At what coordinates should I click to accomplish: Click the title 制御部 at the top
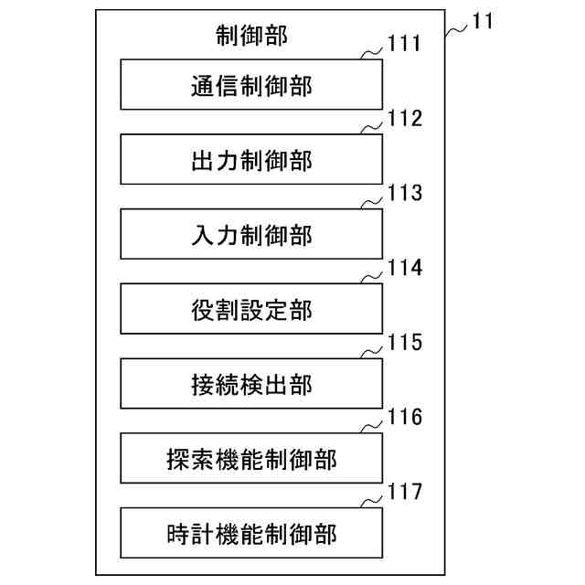250,37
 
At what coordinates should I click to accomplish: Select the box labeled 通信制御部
250,86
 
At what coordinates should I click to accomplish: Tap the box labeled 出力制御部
250,161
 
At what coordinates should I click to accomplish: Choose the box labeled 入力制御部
250,236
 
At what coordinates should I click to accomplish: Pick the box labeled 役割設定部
250,311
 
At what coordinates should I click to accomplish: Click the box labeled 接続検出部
250,385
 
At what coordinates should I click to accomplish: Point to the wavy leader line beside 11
457,30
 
